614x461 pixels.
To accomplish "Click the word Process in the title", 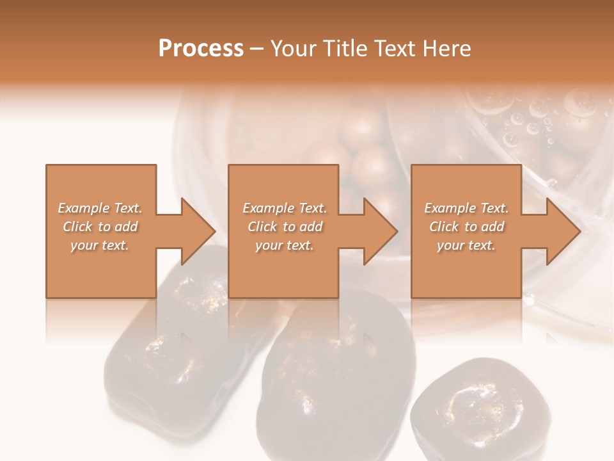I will point(201,49).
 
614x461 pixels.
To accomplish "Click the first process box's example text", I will point(100,227).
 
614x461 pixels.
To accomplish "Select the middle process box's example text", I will point(285,227).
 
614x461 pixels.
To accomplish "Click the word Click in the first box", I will point(79,227).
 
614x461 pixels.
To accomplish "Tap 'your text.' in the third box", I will point(466,245).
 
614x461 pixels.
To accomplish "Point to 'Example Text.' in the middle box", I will point(285,208).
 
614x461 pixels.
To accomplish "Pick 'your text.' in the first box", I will point(100,245).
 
